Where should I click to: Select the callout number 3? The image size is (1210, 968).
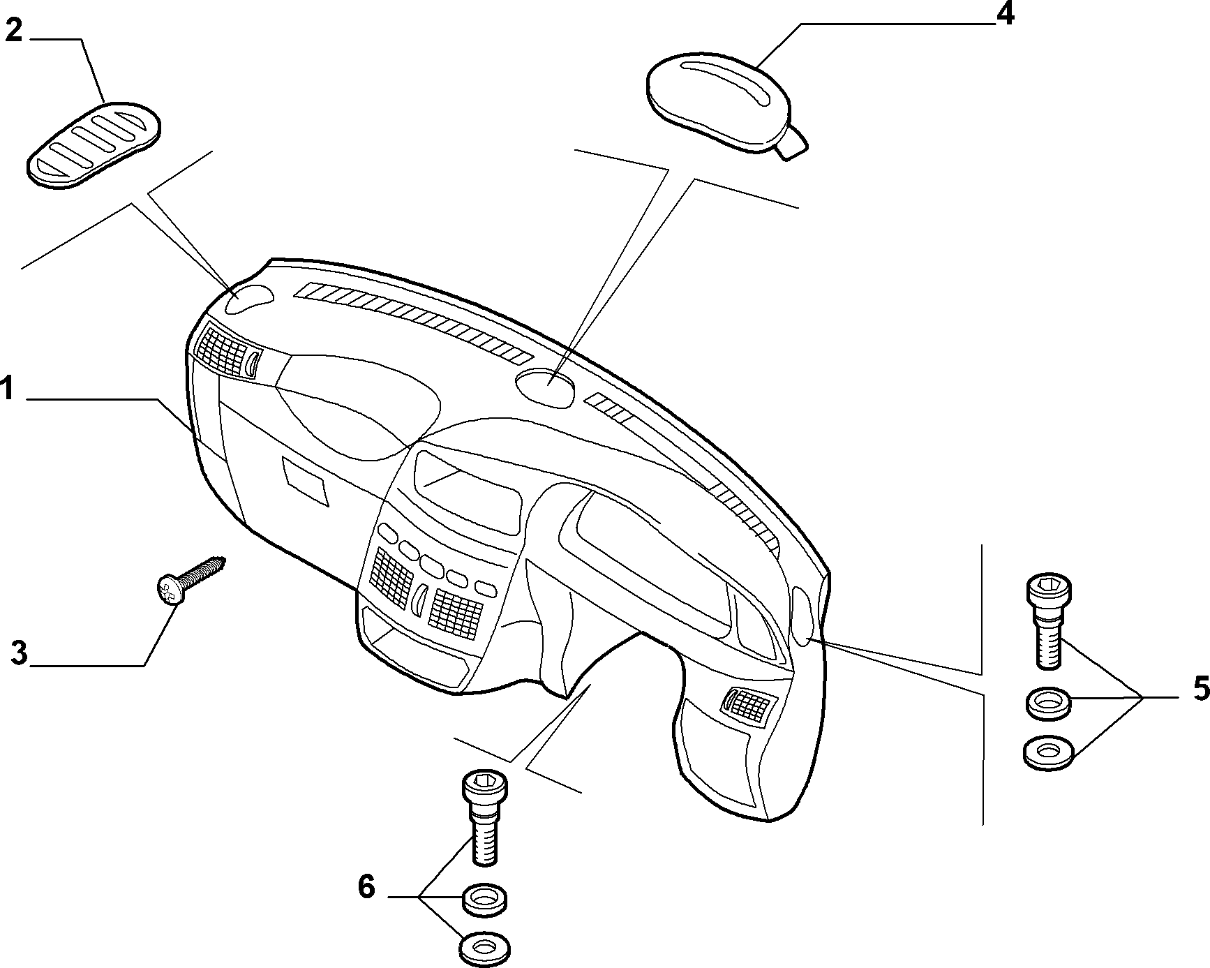point(20,653)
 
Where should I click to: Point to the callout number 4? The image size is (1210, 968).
point(1004,14)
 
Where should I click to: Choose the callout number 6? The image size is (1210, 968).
point(366,887)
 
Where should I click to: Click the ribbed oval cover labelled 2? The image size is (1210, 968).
point(94,145)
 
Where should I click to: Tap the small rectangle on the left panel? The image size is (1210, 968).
point(305,479)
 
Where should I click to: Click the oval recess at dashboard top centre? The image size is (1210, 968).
point(546,388)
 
